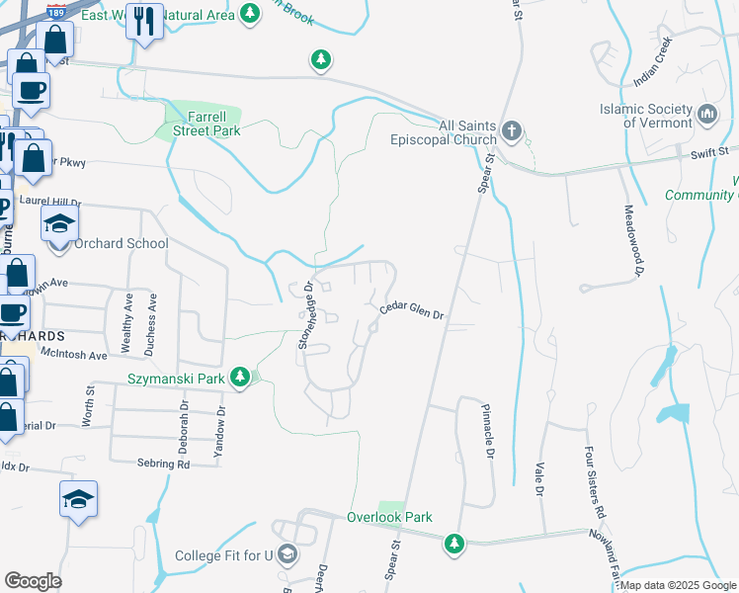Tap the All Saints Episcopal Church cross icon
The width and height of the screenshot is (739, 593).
(x=511, y=130)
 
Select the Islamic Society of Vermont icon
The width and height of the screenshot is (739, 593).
(x=707, y=115)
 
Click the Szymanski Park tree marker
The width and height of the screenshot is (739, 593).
(x=239, y=377)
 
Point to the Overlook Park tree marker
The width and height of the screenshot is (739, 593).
(x=453, y=543)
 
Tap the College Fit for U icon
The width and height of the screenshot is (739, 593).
(x=287, y=553)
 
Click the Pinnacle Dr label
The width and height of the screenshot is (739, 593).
(x=487, y=432)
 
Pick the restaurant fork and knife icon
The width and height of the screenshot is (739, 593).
(x=145, y=19)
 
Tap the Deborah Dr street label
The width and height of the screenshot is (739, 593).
(x=184, y=426)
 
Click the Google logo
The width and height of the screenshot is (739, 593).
(x=33, y=581)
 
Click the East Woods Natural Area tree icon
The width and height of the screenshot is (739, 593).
(x=251, y=14)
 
